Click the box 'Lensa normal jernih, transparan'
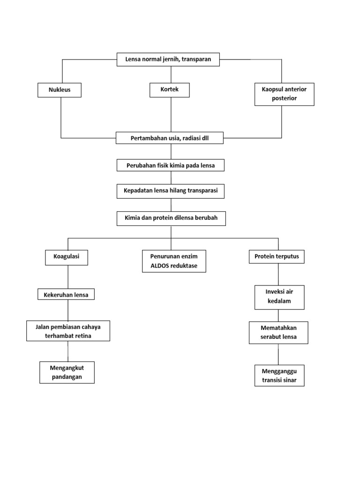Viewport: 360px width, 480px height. (x=168, y=60)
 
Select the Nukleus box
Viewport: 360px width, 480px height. (x=59, y=90)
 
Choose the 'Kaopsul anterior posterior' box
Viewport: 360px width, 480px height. (x=284, y=94)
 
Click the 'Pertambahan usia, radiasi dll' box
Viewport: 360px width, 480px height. (x=169, y=138)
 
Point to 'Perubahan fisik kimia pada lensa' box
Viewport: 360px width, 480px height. (x=170, y=165)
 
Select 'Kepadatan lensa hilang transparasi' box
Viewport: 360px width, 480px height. (x=171, y=191)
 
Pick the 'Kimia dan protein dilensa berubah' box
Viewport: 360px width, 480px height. (x=171, y=218)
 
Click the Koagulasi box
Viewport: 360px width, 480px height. (x=66, y=257)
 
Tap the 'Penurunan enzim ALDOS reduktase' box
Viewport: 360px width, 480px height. (x=174, y=262)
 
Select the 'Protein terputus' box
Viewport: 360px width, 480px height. (x=277, y=257)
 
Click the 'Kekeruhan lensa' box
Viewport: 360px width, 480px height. (x=66, y=294)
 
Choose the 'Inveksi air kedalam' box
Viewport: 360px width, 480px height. (x=279, y=297)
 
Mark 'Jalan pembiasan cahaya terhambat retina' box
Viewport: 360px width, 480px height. (x=68, y=331)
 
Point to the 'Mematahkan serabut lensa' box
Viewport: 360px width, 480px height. (x=278, y=333)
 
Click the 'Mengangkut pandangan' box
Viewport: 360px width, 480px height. (x=67, y=372)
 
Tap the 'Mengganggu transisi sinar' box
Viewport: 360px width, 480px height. (x=279, y=375)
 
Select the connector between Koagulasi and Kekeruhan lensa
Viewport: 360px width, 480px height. (x=68, y=277)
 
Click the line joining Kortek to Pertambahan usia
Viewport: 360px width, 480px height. (x=171, y=115)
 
